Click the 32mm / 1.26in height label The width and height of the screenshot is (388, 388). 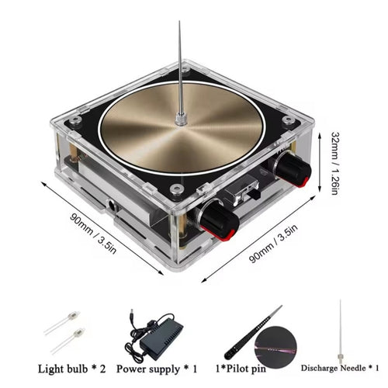tap(335, 163)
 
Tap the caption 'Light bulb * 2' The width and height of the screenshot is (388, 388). tap(72, 369)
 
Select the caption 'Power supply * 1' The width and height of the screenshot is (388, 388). tap(157, 369)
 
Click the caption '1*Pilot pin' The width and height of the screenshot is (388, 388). tap(241, 369)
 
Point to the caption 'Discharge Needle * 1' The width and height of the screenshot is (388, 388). tap(340, 368)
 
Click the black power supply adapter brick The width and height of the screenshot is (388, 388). tap(161, 339)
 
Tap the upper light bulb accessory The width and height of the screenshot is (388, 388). tap(62, 322)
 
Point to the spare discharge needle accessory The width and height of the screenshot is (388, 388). tap(340, 332)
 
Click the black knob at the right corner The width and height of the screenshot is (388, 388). tap(293, 169)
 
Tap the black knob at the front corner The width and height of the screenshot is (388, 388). tap(220, 221)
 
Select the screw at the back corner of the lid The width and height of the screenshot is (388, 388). tap(185, 69)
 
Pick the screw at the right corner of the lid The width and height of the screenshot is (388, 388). tap(288, 120)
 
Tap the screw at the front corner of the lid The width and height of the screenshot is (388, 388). tap(175, 189)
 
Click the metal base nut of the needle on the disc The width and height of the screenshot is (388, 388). tap(180, 120)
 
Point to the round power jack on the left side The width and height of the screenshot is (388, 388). tap(113, 205)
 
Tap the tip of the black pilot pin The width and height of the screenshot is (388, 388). tap(282, 306)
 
